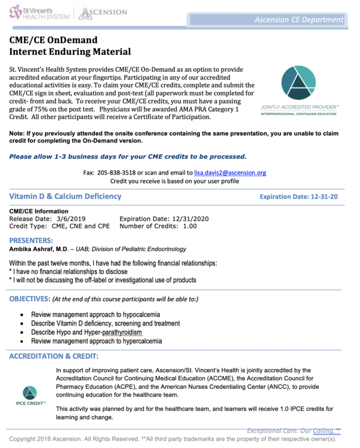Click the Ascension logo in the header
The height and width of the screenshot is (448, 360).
tap(103, 13)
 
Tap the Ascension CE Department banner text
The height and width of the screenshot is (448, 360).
tap(298, 19)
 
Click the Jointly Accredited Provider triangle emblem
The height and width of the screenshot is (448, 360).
tap(299, 83)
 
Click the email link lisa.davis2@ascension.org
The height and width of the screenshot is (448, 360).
tap(230, 172)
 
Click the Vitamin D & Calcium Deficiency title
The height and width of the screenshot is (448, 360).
tap(65, 196)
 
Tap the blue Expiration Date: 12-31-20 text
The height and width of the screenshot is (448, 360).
tap(298, 197)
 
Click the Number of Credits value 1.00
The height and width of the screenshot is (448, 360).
tap(190, 226)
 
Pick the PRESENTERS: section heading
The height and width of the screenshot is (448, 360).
tap(31, 240)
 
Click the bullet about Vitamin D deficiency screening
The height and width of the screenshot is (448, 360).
tap(105, 323)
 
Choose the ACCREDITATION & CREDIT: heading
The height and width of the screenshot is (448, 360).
tap(54, 356)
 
